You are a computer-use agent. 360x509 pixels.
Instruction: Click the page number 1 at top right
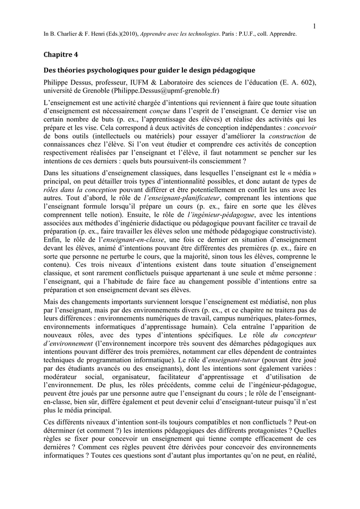click(315, 26)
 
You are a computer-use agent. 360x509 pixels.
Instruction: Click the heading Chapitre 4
click(62, 54)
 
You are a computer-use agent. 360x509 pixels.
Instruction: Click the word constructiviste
click(288, 231)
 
